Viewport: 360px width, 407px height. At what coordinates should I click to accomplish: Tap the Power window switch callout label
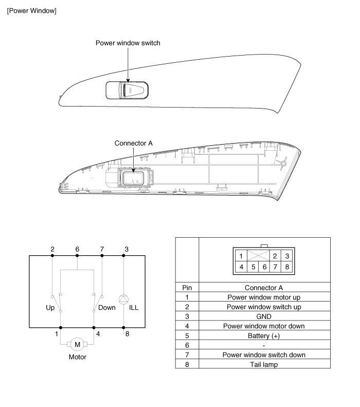[128, 43]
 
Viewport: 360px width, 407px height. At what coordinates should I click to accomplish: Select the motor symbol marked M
[77, 343]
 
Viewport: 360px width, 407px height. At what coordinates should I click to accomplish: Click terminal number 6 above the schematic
[77, 249]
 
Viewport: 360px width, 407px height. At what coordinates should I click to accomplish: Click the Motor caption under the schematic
[77, 356]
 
